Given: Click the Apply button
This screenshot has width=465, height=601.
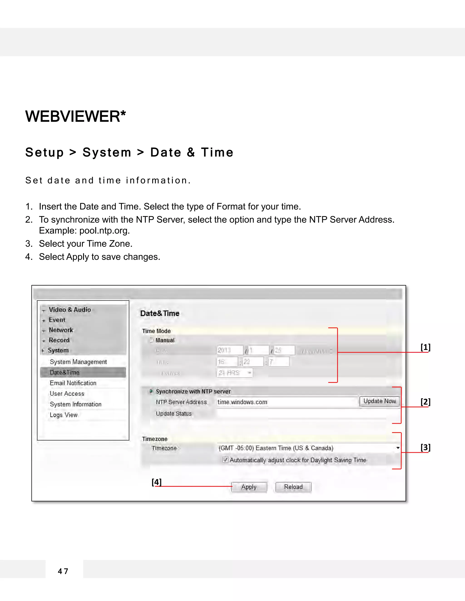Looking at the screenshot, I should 249,487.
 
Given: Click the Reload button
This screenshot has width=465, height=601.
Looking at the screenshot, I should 293,487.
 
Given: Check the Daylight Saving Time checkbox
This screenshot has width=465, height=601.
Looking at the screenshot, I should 225,459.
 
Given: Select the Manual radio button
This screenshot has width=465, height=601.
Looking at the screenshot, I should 151,340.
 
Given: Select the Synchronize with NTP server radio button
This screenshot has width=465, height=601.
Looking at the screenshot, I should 151,391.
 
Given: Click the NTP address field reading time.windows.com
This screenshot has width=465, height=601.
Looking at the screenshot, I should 287,402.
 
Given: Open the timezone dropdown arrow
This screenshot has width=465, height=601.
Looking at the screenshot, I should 398,448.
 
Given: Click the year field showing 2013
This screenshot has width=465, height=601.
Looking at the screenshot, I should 230,350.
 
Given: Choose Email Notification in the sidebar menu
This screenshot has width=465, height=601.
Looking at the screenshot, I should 73,383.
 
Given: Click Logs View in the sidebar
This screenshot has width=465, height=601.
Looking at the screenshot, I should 64,415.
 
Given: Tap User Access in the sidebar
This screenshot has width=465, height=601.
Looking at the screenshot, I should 67,394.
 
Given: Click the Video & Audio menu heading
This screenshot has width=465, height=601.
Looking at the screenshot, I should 70,310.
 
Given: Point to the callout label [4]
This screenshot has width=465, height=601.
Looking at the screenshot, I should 156,482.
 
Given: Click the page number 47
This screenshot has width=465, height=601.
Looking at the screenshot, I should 63,571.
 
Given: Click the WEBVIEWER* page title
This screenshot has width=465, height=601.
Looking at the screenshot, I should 75,116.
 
